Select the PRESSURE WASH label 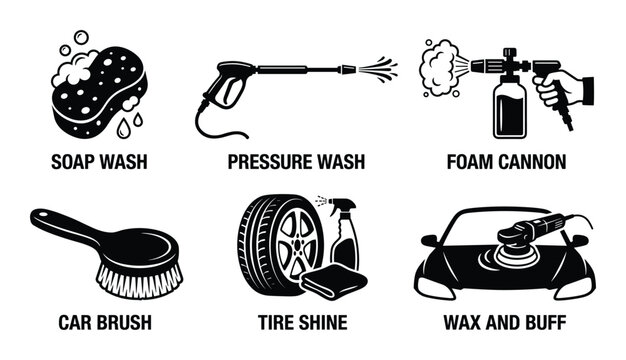[x=296, y=160]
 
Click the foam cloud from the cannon [x=440, y=64]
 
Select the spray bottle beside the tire [x=346, y=240]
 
